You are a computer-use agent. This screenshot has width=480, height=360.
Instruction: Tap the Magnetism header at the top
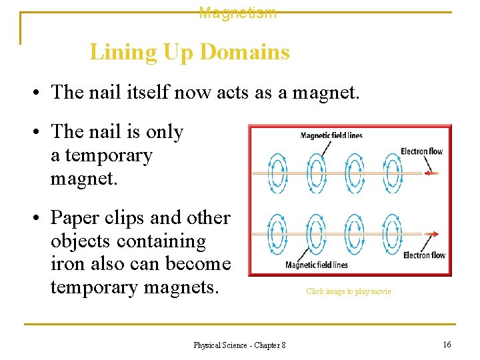238,13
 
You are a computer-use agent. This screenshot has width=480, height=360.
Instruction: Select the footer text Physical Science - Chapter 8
239,345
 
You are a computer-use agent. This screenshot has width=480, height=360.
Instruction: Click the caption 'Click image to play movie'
349,291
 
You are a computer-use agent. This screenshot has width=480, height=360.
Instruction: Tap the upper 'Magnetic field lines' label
331,136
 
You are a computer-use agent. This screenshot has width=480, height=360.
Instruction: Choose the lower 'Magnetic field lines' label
317,265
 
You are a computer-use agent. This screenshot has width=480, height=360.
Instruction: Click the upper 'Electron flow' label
421,151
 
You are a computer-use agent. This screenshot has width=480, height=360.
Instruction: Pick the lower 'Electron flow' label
424,255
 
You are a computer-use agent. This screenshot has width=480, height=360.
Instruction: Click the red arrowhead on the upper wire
432,173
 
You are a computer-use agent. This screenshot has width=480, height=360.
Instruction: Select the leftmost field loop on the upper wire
277,173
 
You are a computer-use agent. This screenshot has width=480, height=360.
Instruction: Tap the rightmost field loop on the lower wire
393,234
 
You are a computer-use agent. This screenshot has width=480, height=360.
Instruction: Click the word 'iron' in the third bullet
64,264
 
